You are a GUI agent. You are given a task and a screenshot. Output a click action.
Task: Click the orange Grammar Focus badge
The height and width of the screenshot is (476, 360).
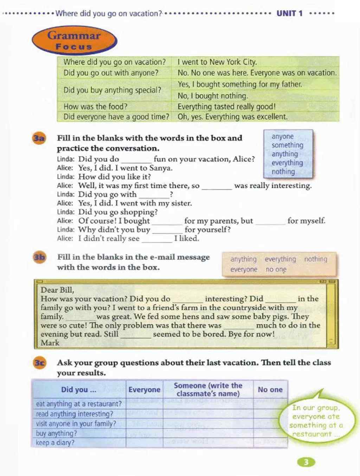pyautogui.click(x=74, y=41)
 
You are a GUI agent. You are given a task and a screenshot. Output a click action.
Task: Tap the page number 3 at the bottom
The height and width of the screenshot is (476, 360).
pyautogui.click(x=306, y=462)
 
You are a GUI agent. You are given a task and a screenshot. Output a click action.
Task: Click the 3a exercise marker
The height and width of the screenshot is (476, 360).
pyautogui.click(x=39, y=138)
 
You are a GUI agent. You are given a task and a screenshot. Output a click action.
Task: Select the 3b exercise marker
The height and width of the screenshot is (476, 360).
pyautogui.click(x=39, y=257)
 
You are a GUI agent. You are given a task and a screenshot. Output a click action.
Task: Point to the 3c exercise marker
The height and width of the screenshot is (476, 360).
pyautogui.click(x=39, y=363)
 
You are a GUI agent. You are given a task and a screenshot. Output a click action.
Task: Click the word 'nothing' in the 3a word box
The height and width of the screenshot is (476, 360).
pyautogui.click(x=283, y=172)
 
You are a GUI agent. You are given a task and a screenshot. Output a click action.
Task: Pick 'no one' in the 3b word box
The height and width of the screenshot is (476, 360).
pyautogui.click(x=276, y=269)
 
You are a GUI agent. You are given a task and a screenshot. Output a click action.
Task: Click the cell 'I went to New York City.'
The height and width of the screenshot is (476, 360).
pyautogui.click(x=217, y=62)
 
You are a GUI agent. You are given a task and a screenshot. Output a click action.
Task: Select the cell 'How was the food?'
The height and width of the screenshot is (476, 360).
pyautogui.click(x=95, y=106)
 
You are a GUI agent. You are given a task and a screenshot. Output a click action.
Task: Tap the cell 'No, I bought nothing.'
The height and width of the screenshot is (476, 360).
pyautogui.click(x=212, y=96)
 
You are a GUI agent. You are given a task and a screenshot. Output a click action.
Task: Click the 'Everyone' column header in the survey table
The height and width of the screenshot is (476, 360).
pyautogui.click(x=144, y=390)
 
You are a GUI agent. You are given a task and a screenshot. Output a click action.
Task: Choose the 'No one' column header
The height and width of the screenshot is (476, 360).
pyautogui.click(x=270, y=390)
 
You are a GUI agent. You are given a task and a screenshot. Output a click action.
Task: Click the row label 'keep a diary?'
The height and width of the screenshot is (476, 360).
pyautogui.click(x=55, y=443)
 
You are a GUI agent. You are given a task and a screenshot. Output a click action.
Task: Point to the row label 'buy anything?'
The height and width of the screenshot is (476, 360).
pyautogui.click(x=56, y=433)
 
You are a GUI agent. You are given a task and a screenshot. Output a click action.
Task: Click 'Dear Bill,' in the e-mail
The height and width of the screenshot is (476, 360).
pyautogui.click(x=57, y=290)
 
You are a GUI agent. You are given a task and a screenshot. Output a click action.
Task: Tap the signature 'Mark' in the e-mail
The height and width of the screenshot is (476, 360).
pyautogui.click(x=50, y=343)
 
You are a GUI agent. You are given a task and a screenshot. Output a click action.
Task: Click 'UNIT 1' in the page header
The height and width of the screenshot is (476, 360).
pyautogui.click(x=289, y=14)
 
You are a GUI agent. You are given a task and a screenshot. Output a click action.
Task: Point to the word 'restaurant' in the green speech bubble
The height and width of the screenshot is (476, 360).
pyautogui.click(x=312, y=434)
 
